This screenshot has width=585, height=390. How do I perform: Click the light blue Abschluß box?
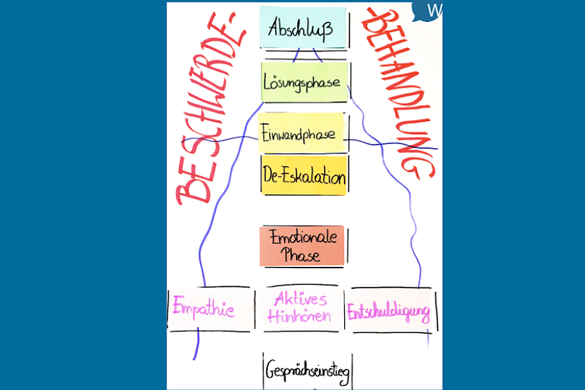pyautogui.click(x=303, y=28)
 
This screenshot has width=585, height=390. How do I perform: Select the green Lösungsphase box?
pyautogui.click(x=304, y=82)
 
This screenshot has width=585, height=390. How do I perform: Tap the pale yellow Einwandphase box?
pyautogui.click(x=301, y=133)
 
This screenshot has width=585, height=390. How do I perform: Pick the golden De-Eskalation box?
pyautogui.click(x=304, y=175)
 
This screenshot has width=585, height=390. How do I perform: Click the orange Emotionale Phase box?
pyautogui.click(x=302, y=246)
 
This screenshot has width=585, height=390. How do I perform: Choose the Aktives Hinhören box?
pyautogui.click(x=300, y=308)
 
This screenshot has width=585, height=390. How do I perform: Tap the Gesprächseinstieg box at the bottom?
pyautogui.click(x=308, y=371)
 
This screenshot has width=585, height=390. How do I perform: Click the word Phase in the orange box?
pyautogui.click(x=300, y=254)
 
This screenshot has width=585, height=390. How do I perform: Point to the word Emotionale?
pyautogui.click(x=303, y=237)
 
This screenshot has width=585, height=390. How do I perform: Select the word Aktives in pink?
pyautogui.click(x=301, y=299)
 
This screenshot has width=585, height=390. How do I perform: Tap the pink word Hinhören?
pyautogui.click(x=299, y=316)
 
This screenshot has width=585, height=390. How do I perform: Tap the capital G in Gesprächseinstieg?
pyautogui.click(x=271, y=371)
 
